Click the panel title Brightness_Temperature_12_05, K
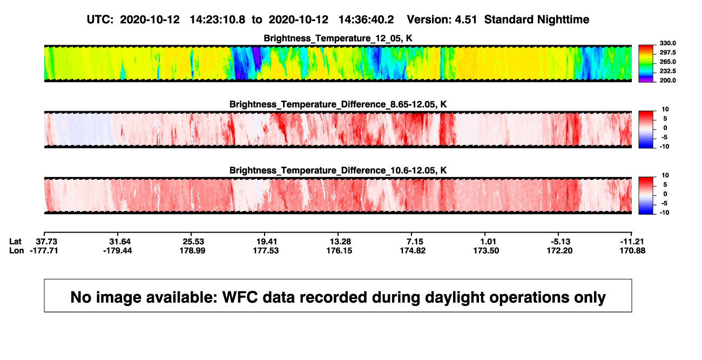coord(338,38)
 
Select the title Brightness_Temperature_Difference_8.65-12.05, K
coord(338,104)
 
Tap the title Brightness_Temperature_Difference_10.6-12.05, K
coord(338,171)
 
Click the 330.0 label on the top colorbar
coord(667,43)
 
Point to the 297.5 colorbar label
coord(667,52)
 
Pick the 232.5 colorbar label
coord(667,71)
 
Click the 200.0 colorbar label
coord(667,80)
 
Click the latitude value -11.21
coord(632,242)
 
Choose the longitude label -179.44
coord(118,250)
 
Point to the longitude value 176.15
coord(339,250)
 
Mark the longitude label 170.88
coord(632,250)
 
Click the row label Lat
coord(15,242)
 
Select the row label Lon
coord(16,250)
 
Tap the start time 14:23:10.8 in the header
coord(218,20)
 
